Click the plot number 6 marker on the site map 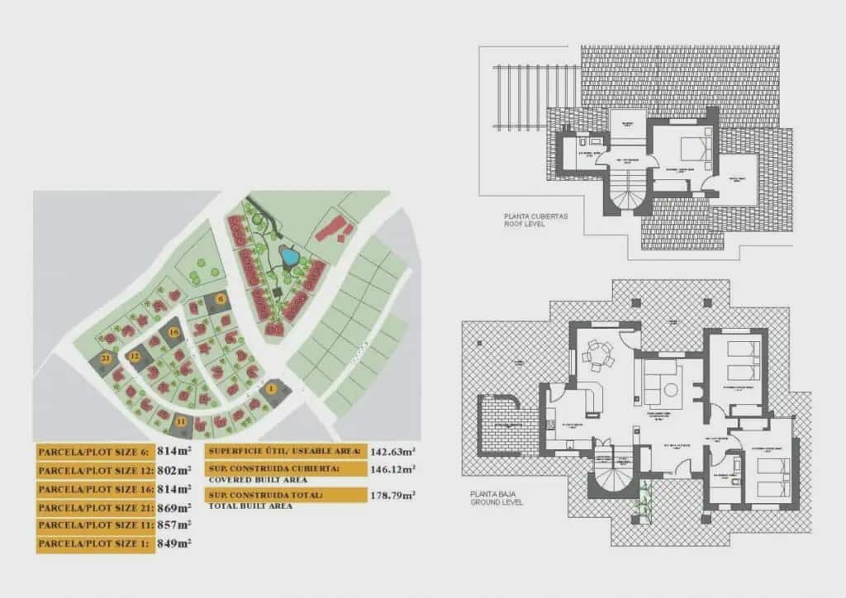coord(220,299)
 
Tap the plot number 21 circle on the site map coord(105,358)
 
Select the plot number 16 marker coord(173,332)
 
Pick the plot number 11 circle coord(181,422)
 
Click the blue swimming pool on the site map coord(289,257)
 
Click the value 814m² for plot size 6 coord(174,452)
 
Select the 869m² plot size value coord(174,507)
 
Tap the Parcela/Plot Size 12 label coord(94,471)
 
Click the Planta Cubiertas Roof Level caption coord(535,220)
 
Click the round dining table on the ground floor coord(598,356)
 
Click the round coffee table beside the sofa coord(670,389)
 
